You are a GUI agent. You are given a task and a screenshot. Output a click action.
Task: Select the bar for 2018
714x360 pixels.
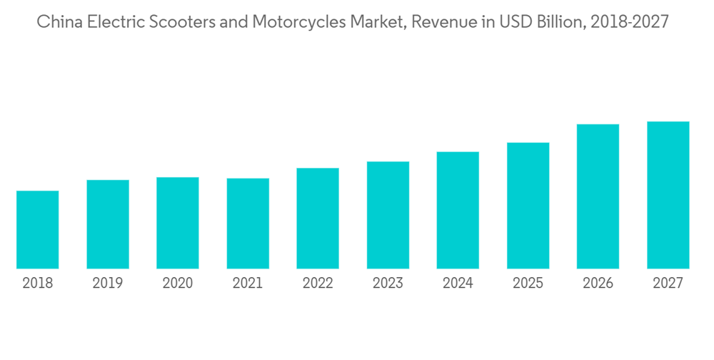pyautogui.click(x=38, y=230)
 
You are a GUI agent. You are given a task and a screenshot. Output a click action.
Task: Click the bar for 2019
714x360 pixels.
pyautogui.click(x=108, y=224)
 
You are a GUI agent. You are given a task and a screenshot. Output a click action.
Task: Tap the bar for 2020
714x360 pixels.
pyautogui.click(x=178, y=223)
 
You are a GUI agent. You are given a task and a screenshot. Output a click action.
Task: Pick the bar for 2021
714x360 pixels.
pyautogui.click(x=248, y=224)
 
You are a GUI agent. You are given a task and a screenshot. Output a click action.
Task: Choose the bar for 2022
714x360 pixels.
pyautogui.click(x=318, y=219)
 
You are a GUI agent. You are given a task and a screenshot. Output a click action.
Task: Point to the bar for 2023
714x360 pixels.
pyautogui.click(x=388, y=215)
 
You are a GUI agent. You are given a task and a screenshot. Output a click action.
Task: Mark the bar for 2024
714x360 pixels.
pyautogui.click(x=458, y=210)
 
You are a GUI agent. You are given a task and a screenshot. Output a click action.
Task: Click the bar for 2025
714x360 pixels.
pyautogui.click(x=528, y=206)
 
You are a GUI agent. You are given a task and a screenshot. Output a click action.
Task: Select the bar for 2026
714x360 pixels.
pyautogui.click(x=598, y=196)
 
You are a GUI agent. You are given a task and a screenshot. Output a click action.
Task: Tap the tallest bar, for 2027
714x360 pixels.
pyautogui.click(x=668, y=195)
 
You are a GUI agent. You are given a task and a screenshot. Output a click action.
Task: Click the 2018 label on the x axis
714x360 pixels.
pyautogui.click(x=38, y=284)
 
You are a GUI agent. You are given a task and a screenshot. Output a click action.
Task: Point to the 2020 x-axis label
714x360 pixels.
pyautogui.click(x=178, y=284)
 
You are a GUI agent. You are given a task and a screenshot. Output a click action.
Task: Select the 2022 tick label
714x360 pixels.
pyautogui.click(x=318, y=284)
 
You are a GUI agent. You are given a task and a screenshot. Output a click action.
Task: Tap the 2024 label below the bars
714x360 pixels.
pyautogui.click(x=458, y=284)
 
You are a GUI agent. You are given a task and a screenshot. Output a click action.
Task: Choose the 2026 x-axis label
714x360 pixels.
pyautogui.click(x=598, y=284)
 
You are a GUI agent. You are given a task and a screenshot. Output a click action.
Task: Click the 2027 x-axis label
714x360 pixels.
pyautogui.click(x=668, y=284)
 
